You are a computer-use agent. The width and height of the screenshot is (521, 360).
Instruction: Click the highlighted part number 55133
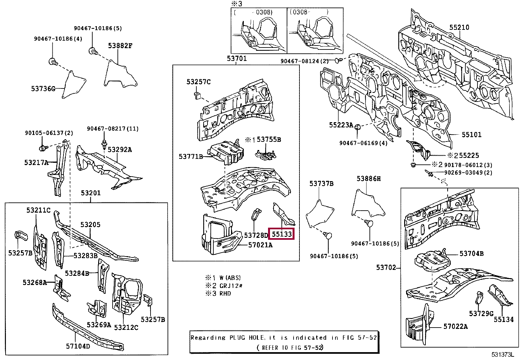(x=281, y=234)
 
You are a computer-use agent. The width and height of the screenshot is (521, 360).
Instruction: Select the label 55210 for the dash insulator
(x=459, y=27)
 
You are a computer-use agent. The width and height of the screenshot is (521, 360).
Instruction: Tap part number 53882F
(x=120, y=46)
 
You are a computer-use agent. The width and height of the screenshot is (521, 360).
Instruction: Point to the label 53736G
(x=43, y=88)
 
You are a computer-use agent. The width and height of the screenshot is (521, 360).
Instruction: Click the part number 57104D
(x=78, y=346)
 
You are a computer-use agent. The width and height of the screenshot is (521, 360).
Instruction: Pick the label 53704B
(x=471, y=253)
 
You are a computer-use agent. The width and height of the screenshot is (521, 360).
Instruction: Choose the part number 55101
(x=471, y=135)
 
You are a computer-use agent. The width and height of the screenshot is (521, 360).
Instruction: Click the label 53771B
(x=191, y=157)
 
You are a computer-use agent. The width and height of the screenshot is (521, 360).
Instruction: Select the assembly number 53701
(x=237, y=58)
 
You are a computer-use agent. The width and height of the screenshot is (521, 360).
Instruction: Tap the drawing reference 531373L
(x=503, y=355)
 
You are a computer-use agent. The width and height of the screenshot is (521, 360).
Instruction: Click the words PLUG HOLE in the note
(x=239, y=337)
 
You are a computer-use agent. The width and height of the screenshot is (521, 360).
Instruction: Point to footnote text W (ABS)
(x=230, y=278)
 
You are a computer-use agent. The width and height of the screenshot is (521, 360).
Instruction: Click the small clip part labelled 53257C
(x=197, y=95)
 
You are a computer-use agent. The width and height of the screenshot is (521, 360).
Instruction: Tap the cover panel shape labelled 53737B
(x=319, y=213)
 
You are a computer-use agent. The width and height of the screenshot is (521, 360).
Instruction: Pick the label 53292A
(x=119, y=150)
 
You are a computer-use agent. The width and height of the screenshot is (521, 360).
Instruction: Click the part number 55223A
(x=341, y=125)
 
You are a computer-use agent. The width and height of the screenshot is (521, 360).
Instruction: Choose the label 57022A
(x=456, y=326)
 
